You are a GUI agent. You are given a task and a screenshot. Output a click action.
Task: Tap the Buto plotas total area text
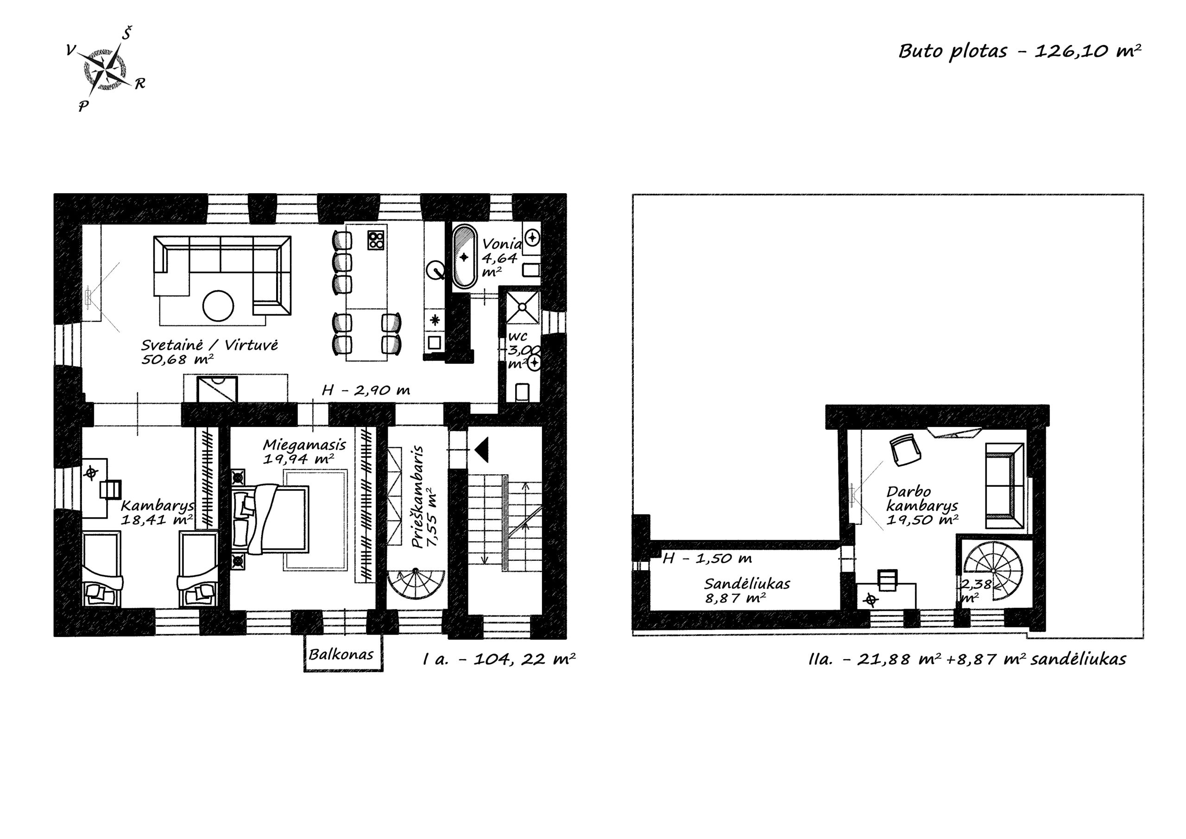1019,51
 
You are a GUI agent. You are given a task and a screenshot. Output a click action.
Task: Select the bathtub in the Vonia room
464,256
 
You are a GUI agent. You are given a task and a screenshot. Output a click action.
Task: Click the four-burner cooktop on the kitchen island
377,239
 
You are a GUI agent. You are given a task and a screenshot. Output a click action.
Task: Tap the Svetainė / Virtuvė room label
210,352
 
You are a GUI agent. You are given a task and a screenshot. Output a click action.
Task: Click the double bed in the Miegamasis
271,519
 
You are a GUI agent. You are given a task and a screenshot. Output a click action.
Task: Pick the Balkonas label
341,655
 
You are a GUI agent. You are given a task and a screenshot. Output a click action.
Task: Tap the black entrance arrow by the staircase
481,450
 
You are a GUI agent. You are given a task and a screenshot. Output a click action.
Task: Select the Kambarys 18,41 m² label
158,512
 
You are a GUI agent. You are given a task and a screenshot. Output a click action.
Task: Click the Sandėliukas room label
747,591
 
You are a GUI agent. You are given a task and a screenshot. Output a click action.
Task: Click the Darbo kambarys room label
922,506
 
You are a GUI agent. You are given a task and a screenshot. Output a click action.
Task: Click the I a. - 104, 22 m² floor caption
499,659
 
